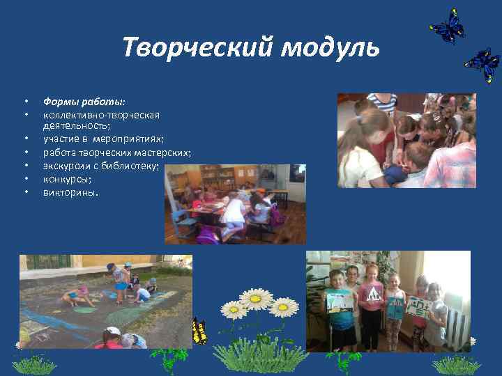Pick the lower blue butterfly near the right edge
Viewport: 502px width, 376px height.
pyautogui.click(x=482, y=65)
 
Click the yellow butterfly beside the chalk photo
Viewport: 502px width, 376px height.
pyautogui.click(x=199, y=331)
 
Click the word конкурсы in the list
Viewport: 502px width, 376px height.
pyautogui.click(x=66, y=178)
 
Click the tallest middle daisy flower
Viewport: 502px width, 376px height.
pyautogui.click(x=257, y=298)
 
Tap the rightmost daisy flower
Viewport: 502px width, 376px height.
pyautogui.click(x=283, y=307)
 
